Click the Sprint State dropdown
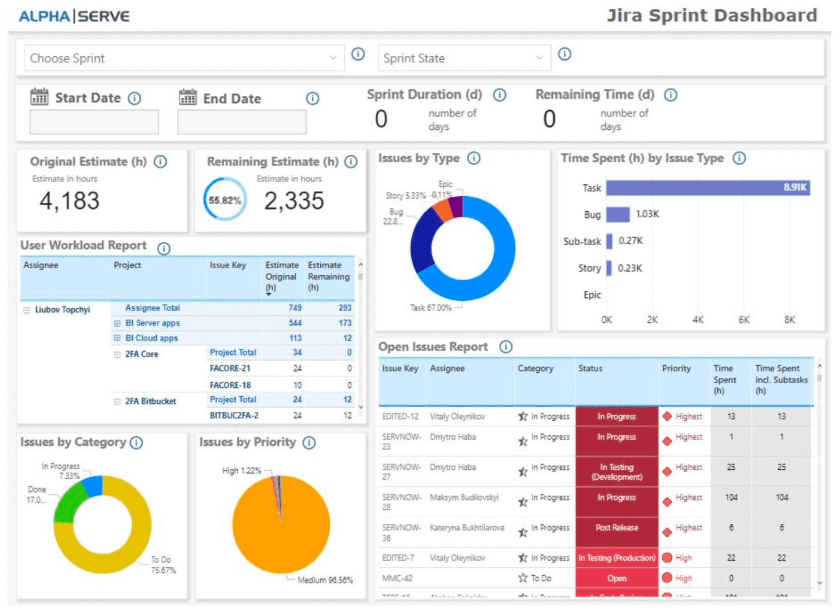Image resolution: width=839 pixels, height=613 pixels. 463,58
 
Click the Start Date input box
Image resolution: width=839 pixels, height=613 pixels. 94,121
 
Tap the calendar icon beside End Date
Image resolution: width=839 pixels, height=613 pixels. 187,98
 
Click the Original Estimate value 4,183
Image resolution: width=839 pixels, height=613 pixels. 69,201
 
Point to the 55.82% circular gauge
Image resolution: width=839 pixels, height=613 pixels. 225,200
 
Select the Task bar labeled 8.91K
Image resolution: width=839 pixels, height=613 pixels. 707,188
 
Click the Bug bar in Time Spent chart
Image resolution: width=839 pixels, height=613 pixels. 618,215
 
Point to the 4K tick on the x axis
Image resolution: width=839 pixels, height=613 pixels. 698,320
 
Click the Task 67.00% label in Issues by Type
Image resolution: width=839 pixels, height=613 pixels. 431,308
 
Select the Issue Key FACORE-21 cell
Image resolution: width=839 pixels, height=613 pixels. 230,368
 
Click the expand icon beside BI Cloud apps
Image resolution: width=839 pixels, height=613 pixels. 117,338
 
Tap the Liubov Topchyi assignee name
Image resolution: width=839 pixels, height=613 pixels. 62,310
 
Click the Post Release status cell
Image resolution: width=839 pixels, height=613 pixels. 616,528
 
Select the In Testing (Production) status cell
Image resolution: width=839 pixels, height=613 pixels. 616,558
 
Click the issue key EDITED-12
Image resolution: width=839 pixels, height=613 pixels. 400,416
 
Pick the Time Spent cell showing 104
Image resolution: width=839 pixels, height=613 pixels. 731,497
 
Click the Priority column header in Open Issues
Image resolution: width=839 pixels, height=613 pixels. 676,368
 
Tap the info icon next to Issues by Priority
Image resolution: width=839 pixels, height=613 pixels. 309,442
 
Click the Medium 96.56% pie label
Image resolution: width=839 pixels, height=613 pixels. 325,580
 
